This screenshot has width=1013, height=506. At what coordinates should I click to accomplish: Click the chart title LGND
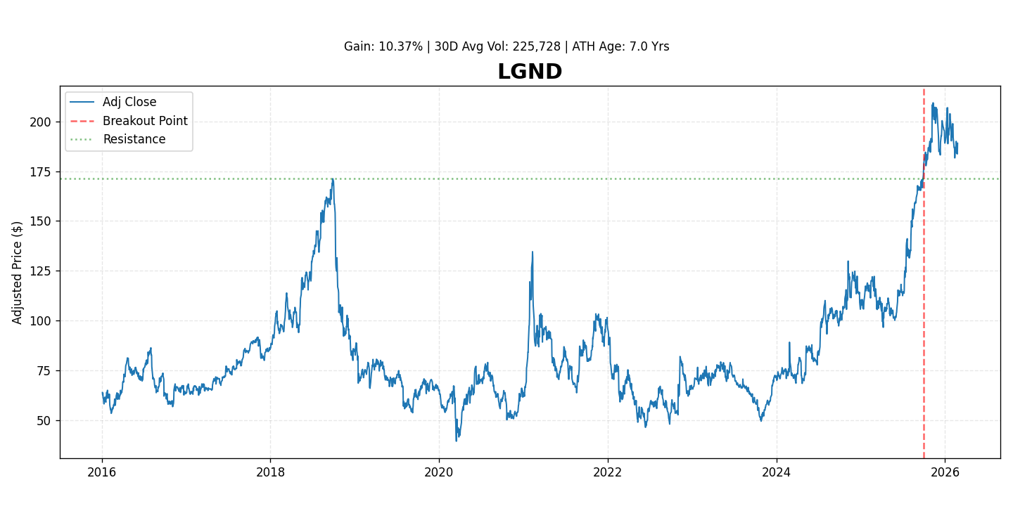pyautogui.click(x=529, y=72)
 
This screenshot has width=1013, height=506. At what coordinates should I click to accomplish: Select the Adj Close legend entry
pyautogui.click(x=129, y=103)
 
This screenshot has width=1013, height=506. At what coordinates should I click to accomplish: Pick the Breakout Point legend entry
pyautogui.click(x=145, y=121)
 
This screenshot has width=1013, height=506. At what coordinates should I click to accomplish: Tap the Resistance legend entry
pyautogui.click(x=134, y=139)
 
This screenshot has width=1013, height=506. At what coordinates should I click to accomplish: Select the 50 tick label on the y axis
pyautogui.click(x=44, y=421)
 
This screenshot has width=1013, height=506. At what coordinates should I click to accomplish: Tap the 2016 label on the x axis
pyautogui.click(x=102, y=472)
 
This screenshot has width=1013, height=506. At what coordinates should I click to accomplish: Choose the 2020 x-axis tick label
pyautogui.click(x=439, y=472)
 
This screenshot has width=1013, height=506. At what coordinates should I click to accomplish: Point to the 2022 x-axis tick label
pyautogui.click(x=608, y=472)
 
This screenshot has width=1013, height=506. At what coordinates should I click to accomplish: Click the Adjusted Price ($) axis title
pyautogui.click(x=18, y=273)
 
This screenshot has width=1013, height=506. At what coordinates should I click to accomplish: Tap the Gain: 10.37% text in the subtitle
pyautogui.click(x=383, y=47)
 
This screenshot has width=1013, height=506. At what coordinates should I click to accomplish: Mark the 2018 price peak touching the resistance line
pyautogui.click(x=333, y=179)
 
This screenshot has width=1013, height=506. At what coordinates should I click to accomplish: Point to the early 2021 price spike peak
pyautogui.click(x=532, y=252)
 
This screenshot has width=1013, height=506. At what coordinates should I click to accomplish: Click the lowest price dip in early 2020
pyautogui.click(x=456, y=441)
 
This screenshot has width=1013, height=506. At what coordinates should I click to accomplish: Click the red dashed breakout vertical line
pyautogui.click(x=924, y=316)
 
